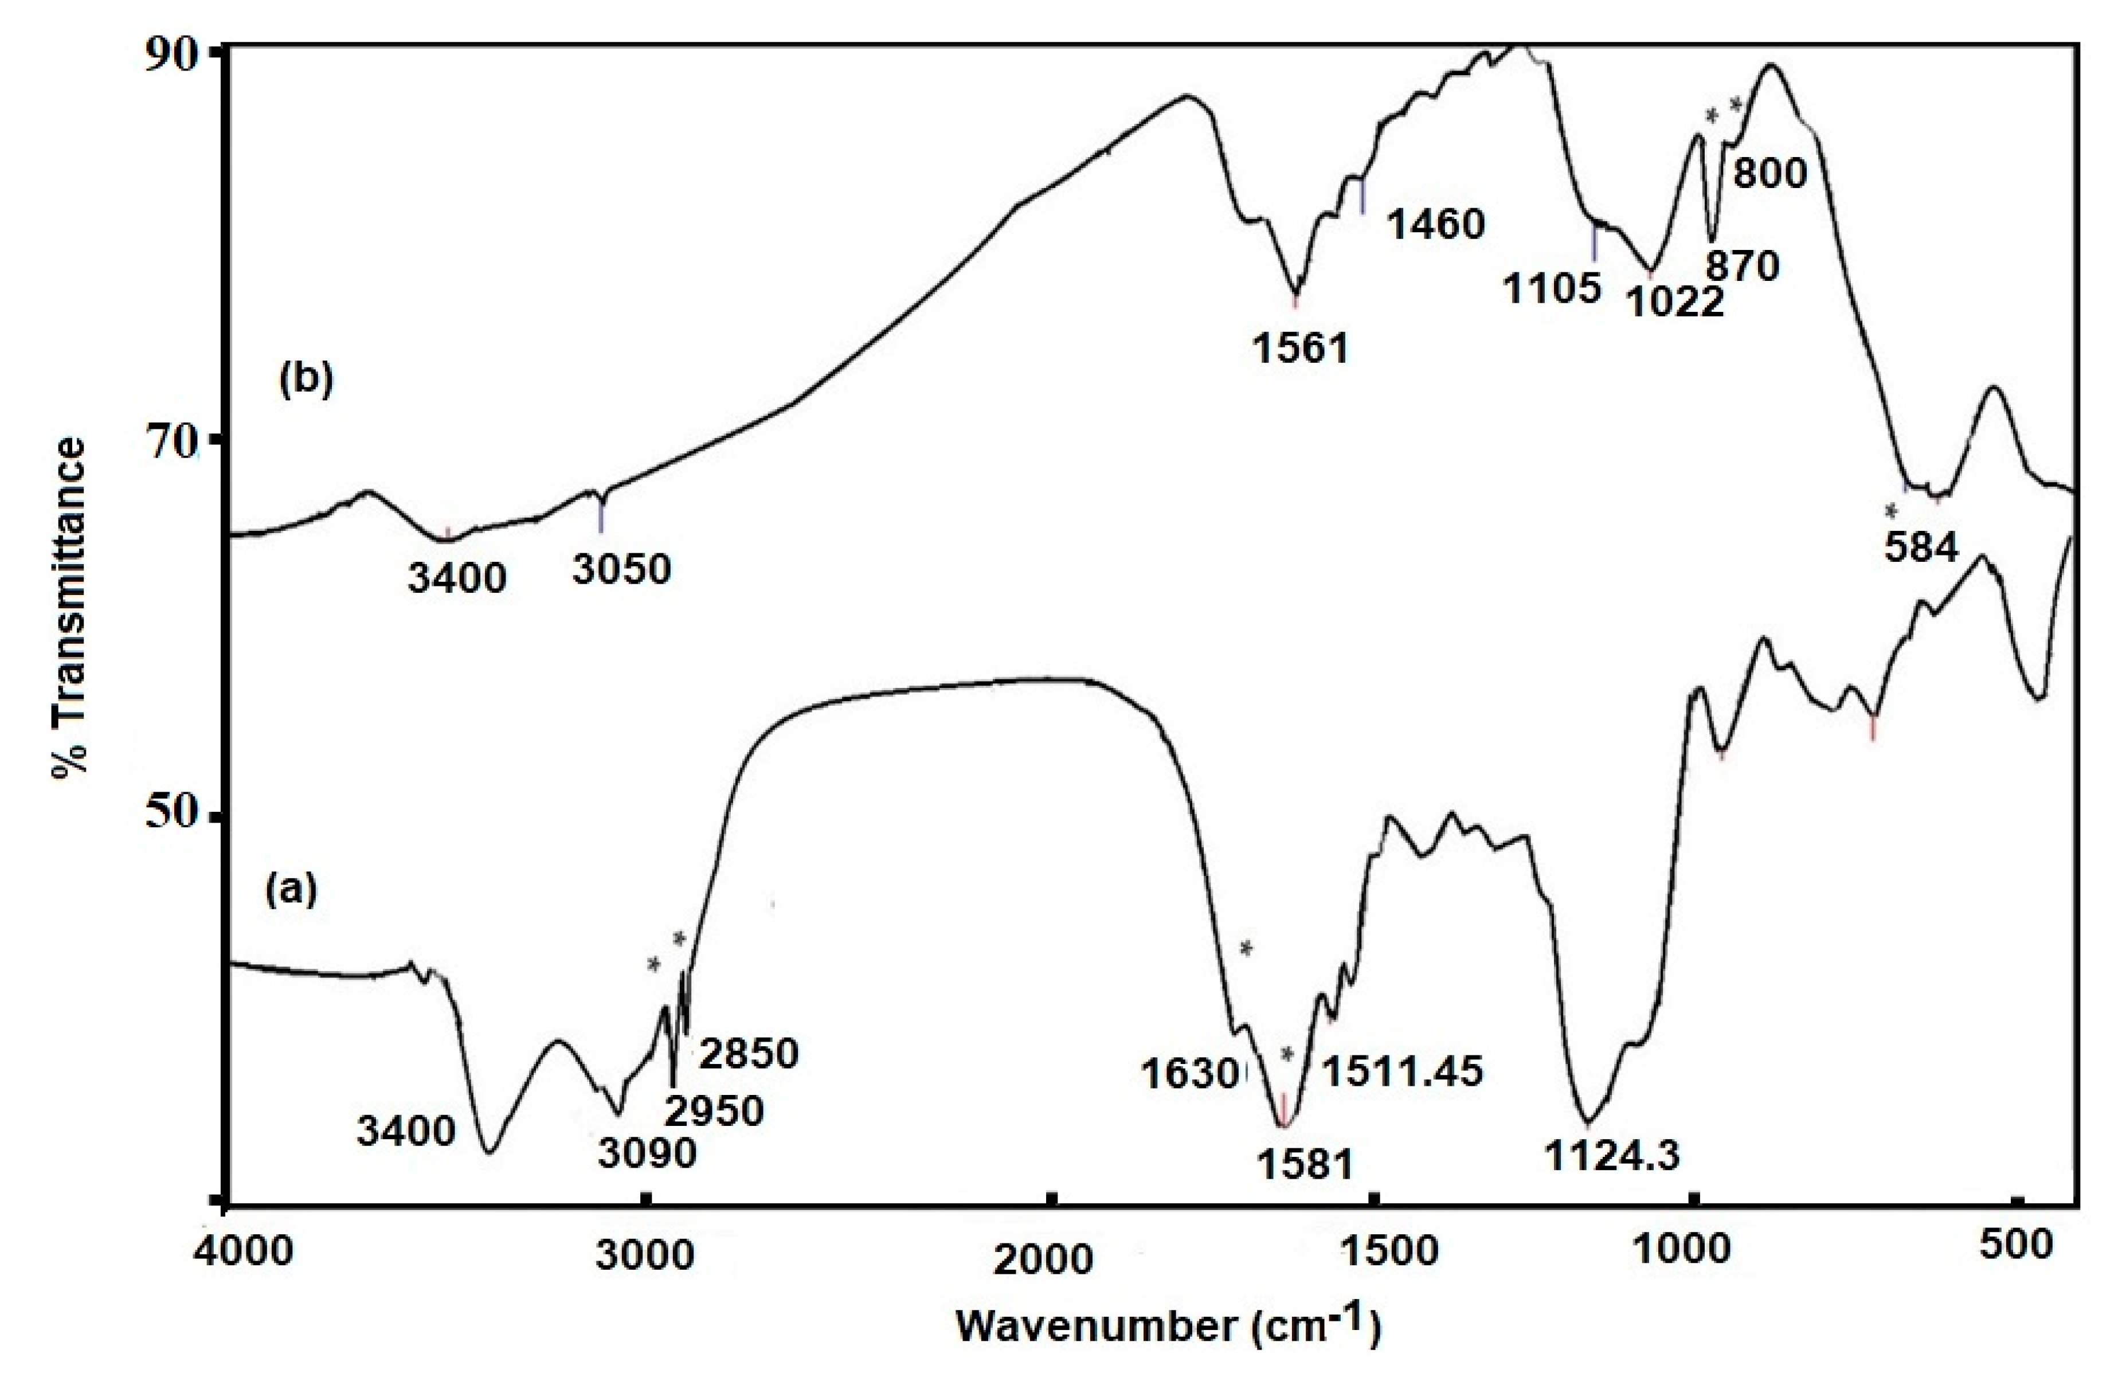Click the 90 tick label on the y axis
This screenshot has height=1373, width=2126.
(177, 55)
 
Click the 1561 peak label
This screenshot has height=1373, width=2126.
(1301, 348)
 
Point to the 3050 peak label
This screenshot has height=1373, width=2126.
(621, 569)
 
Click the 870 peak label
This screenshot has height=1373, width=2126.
(1742, 265)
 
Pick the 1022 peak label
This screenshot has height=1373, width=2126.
(1675, 303)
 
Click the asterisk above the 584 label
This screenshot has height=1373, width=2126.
(1890, 512)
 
